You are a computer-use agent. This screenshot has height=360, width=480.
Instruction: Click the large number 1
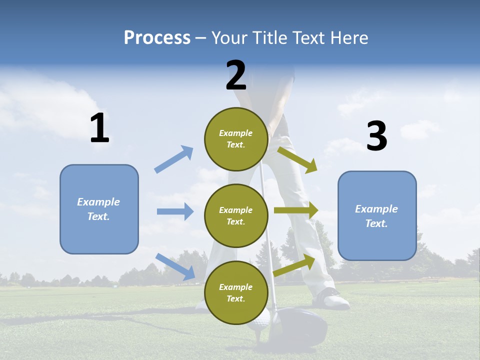tap(99, 128)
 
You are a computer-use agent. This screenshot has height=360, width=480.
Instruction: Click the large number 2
tap(236, 76)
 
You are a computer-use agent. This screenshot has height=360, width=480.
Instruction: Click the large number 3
tap(376, 136)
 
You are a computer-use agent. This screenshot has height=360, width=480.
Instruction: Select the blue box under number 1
tap(99, 209)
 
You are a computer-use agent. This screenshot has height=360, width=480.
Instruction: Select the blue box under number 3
tap(377, 215)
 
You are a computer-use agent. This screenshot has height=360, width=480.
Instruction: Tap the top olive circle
tap(236, 139)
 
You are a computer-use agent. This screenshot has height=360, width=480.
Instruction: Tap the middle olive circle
tap(236, 215)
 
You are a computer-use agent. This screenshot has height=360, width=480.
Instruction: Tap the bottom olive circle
tap(236, 292)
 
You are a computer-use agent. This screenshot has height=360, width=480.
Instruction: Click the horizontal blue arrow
tap(175, 211)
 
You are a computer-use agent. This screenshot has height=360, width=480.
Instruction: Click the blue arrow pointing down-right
tap(175, 266)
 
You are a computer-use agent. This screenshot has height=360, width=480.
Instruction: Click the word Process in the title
tap(157, 38)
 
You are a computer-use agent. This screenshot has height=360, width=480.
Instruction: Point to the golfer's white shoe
tap(332, 298)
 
